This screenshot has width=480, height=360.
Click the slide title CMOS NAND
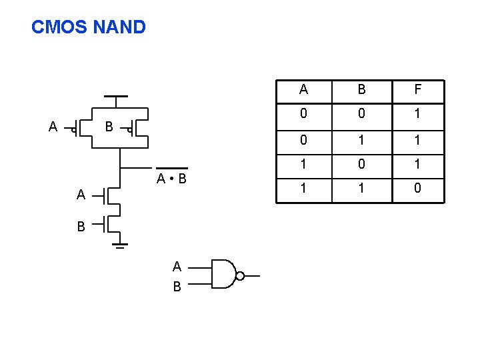(89, 27)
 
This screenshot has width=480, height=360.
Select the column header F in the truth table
(417, 90)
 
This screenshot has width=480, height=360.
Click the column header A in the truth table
(303, 90)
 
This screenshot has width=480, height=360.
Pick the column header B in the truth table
(361, 90)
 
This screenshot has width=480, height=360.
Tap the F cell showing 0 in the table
(417, 189)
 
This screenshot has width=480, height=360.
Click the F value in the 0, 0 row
(417, 115)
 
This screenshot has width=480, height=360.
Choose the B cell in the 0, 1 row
(361, 140)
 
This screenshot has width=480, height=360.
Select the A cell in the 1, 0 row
(303, 164)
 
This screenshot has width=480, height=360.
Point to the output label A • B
(171, 179)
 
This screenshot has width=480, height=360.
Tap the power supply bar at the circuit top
(117, 97)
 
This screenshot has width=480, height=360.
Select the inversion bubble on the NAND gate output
(240, 275)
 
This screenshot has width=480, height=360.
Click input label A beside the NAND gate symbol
(177, 267)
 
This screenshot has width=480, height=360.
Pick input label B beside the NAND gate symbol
(177, 287)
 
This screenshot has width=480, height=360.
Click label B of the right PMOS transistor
(109, 127)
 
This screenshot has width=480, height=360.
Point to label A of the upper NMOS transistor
(81, 195)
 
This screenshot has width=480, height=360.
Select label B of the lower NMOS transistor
(81, 227)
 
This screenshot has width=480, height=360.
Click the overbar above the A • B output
(171, 168)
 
